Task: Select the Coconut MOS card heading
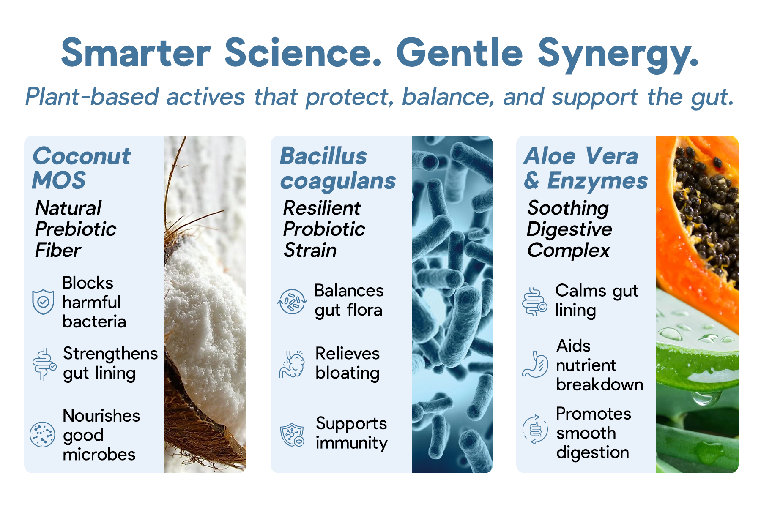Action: [x=82, y=168]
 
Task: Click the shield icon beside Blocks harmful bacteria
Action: [x=43, y=302]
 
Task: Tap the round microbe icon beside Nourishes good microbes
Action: [x=42, y=434]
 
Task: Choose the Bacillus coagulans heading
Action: [x=338, y=168]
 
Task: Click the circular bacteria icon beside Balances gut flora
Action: [x=292, y=302]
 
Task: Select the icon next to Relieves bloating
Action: [x=292, y=364]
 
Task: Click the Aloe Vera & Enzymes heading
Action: [x=586, y=168]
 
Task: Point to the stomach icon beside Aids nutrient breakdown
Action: [x=535, y=364]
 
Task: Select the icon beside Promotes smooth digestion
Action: [x=535, y=429]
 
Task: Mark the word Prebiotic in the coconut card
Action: [x=76, y=229]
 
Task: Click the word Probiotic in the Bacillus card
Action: [x=324, y=229]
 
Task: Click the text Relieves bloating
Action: [x=348, y=363]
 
